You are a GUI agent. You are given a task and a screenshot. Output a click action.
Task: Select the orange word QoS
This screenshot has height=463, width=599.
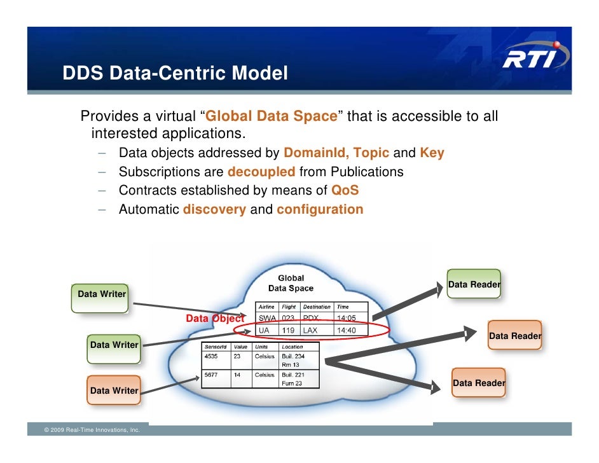(x=345, y=190)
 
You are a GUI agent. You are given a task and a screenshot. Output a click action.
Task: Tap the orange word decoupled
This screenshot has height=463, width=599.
(x=261, y=172)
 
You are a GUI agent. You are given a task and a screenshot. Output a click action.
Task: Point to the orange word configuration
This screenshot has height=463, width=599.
(x=320, y=209)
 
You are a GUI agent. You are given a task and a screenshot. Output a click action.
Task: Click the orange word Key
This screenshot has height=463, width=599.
(x=432, y=153)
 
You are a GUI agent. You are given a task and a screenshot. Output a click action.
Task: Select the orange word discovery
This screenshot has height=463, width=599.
(x=214, y=209)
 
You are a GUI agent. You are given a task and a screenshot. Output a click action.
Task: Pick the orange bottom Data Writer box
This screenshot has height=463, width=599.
(x=114, y=390)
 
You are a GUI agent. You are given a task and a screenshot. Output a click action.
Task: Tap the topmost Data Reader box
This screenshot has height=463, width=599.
(x=473, y=284)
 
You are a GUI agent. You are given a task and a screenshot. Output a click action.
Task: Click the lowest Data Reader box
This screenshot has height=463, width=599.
(x=479, y=383)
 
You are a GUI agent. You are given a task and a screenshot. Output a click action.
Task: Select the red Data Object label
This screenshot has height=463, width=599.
(x=214, y=319)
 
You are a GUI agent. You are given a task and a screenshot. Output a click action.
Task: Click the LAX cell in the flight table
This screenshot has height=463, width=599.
(x=310, y=331)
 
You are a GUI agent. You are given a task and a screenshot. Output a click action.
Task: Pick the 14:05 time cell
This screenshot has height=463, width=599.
(x=346, y=318)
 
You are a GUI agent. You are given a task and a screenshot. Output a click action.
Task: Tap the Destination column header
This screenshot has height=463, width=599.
(x=317, y=307)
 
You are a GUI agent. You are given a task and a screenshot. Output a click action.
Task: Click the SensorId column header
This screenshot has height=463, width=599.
(x=215, y=347)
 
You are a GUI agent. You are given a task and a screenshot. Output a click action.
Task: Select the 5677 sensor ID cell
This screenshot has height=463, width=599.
(x=211, y=375)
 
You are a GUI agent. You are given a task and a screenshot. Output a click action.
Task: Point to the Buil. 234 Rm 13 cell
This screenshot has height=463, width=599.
(x=293, y=361)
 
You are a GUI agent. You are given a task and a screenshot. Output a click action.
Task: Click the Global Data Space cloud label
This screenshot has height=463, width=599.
(x=291, y=283)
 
